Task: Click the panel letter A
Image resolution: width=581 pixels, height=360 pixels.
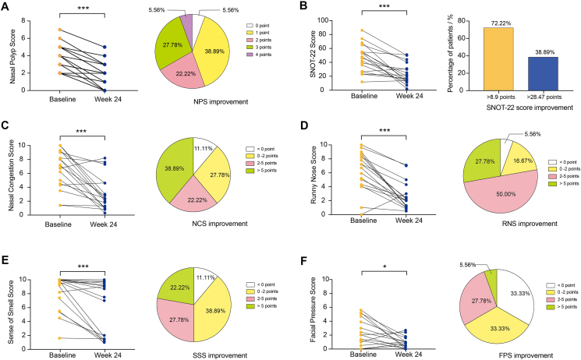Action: pos(7,7)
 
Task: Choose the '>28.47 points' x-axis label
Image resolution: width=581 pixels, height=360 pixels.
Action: pos(522,97)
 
